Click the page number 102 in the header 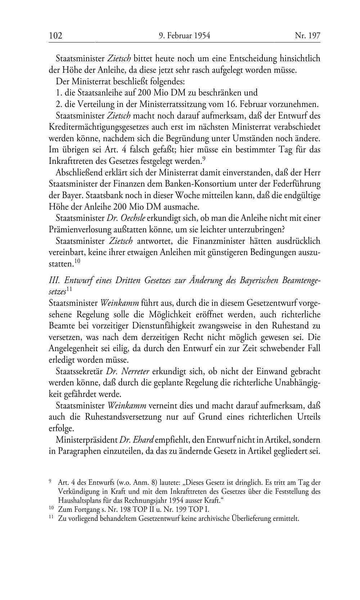[x=56, y=36]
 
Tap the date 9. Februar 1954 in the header [x=184, y=36]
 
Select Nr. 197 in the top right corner [x=307, y=36]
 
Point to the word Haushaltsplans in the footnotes [x=79, y=500]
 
